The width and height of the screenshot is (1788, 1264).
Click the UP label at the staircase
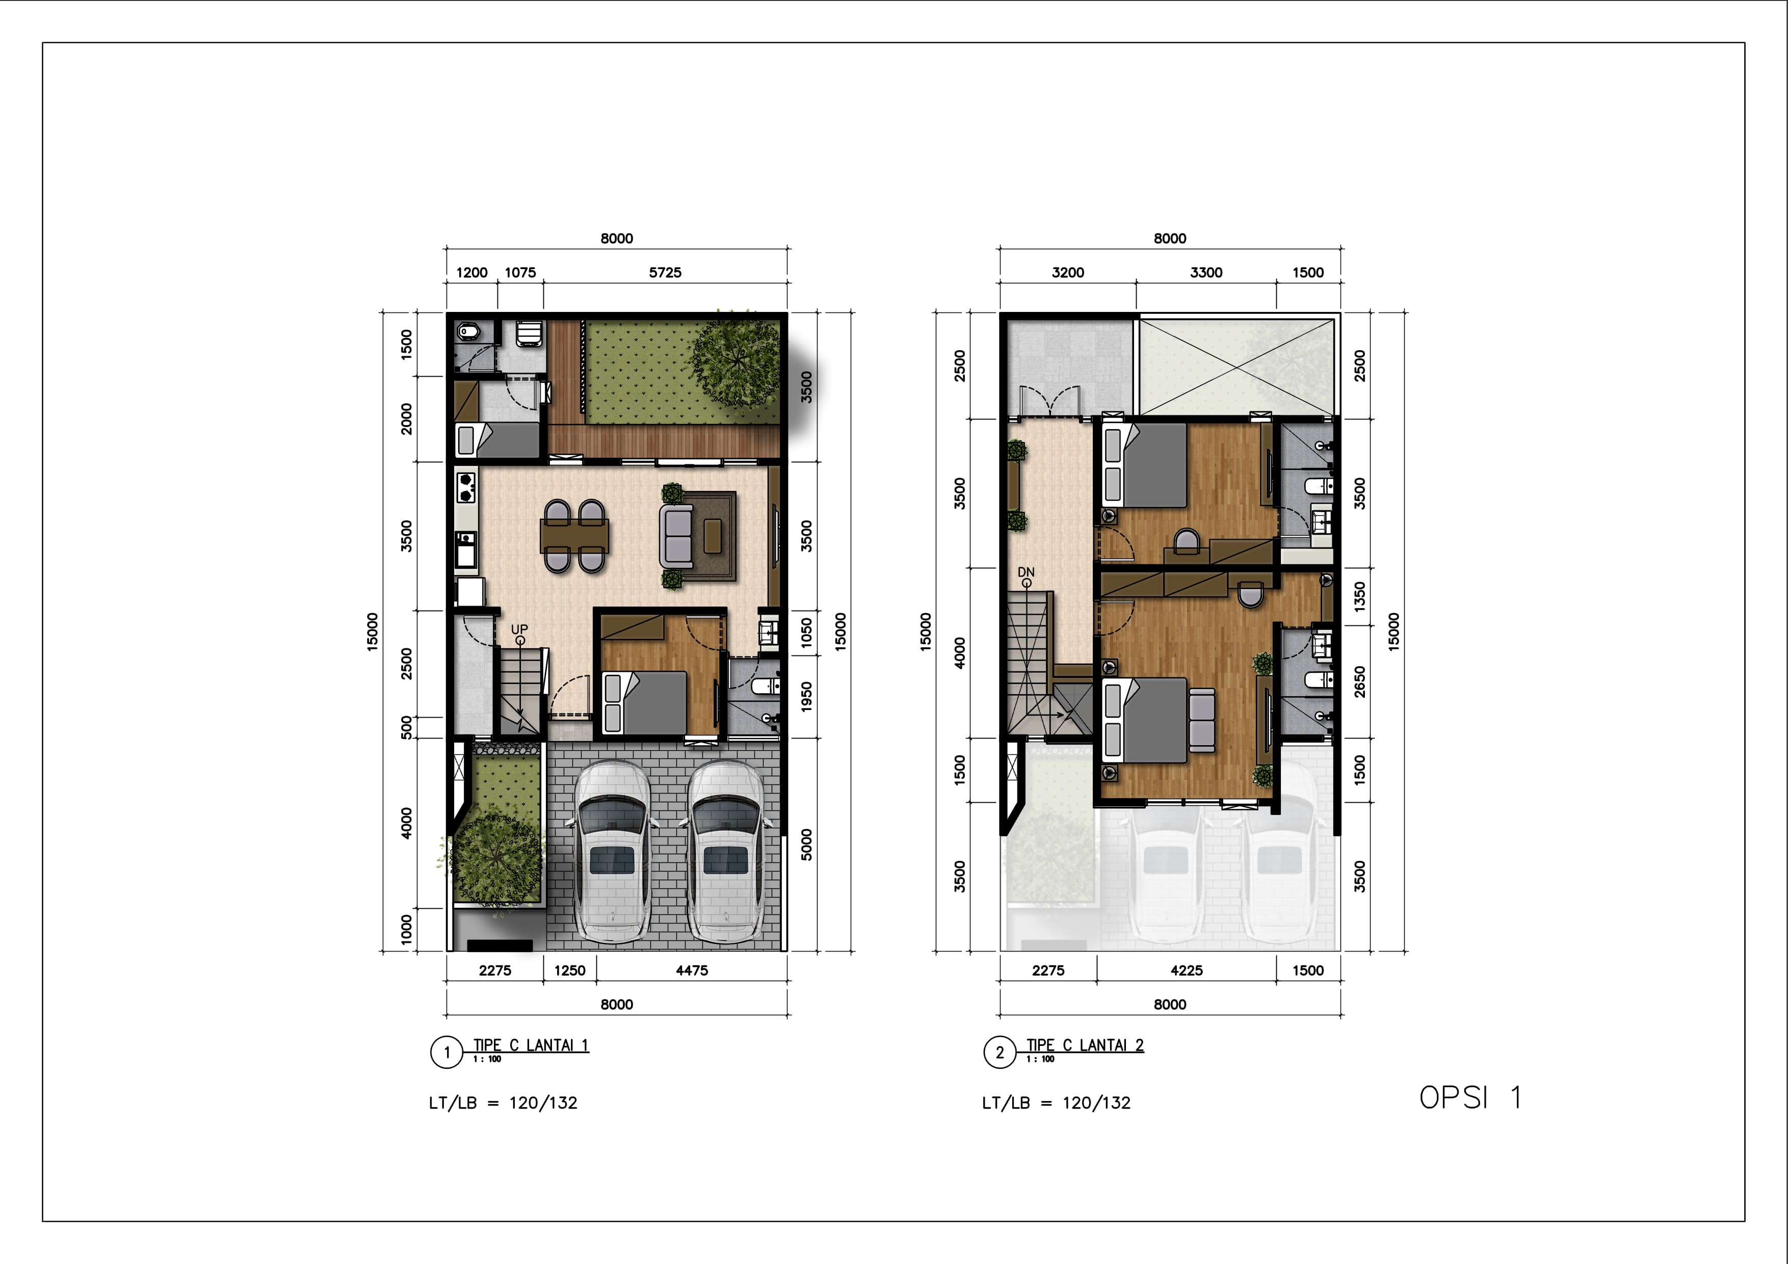click(x=519, y=628)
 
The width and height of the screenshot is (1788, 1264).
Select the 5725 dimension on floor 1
click(x=665, y=273)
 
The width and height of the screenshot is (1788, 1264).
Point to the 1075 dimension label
click(x=520, y=273)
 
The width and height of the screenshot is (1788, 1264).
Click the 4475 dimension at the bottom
click(x=692, y=970)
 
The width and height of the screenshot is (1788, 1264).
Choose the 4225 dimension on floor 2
click(x=1186, y=970)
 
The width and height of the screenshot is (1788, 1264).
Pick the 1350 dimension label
click(x=1360, y=596)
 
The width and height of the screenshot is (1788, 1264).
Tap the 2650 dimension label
click(x=1360, y=681)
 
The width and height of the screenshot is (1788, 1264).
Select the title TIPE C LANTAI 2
click(x=1085, y=1045)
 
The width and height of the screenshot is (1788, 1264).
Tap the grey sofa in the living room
click(x=676, y=536)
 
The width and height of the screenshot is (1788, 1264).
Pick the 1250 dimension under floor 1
click(x=569, y=970)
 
